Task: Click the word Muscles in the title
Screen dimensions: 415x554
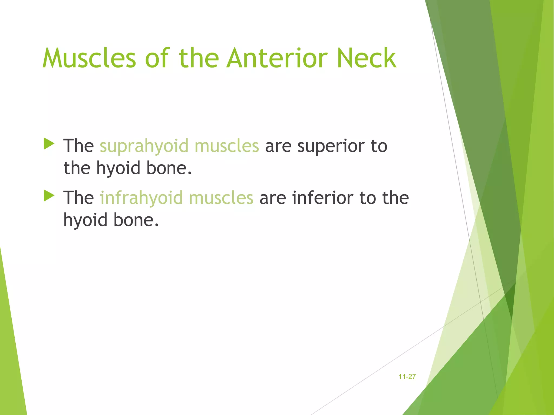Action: click(89, 58)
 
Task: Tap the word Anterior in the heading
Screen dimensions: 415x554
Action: click(277, 58)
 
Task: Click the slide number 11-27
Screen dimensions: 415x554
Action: click(407, 377)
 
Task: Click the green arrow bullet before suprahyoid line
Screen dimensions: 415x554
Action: click(49, 144)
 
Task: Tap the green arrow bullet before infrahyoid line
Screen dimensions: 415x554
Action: click(49, 196)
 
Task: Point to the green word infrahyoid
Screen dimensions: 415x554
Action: click(141, 198)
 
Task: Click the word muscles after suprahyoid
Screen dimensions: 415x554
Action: click(227, 146)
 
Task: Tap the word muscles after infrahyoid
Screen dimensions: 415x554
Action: click(221, 198)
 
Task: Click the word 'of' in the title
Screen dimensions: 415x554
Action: click(157, 58)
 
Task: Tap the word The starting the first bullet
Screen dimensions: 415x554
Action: click(78, 146)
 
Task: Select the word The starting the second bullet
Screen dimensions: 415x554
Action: click(78, 198)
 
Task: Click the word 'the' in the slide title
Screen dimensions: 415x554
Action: click(199, 58)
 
